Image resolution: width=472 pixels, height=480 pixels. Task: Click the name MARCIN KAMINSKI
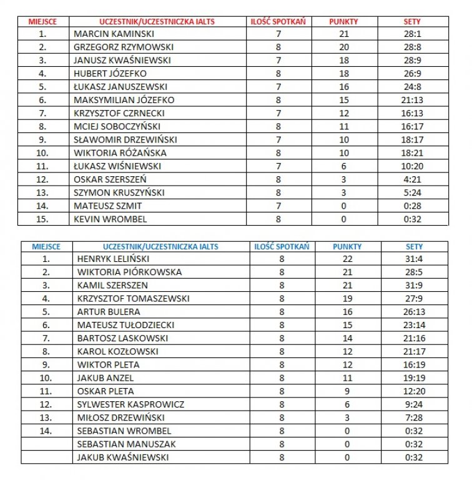pos(114,34)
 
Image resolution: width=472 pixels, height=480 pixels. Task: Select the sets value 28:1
pos(412,34)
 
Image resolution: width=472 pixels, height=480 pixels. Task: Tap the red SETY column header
pos(412,21)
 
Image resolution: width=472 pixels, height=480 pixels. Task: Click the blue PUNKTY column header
pos(347,246)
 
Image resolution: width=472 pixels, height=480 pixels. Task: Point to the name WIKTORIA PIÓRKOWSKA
pos(129,272)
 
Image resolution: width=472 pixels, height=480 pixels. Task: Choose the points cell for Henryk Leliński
pos(347,259)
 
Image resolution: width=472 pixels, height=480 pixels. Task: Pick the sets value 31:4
pos(413,259)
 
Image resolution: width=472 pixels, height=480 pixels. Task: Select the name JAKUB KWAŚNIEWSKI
pos(123,457)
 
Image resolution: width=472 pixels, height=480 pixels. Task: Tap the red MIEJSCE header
pos(42,21)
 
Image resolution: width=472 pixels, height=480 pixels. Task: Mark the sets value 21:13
pos(412,100)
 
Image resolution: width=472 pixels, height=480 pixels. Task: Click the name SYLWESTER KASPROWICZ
pos(130,404)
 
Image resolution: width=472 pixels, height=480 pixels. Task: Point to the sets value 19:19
pos(413,377)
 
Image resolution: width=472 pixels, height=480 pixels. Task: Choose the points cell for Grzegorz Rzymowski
pos(343,47)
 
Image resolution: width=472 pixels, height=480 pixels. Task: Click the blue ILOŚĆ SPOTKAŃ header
pos(282,246)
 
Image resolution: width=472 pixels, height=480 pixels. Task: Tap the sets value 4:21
pos(412,179)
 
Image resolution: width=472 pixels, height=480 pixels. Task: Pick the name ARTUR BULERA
pos(109,312)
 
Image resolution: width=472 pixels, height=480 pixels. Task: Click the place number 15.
pos(42,219)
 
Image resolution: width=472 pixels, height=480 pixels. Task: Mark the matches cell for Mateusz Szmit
pos(278,206)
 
